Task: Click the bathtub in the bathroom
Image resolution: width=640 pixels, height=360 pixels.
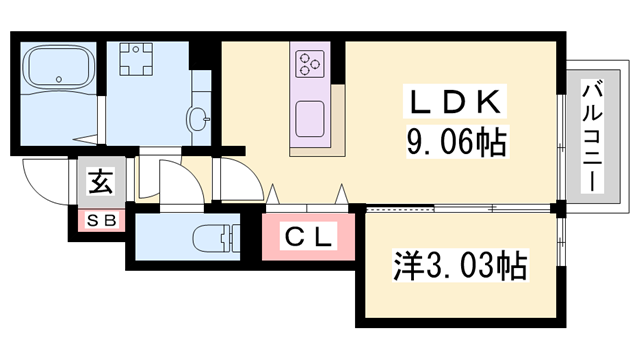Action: (x=57, y=68)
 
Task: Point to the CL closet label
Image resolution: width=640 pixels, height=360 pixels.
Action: (x=309, y=239)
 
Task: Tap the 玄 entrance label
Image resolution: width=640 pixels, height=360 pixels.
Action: (x=100, y=182)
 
